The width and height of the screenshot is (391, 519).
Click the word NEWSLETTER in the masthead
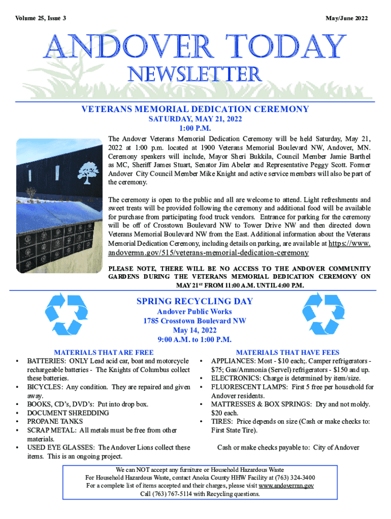point(195,75)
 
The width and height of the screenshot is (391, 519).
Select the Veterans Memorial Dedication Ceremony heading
point(195,109)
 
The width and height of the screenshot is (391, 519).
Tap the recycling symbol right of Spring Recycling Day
point(323,314)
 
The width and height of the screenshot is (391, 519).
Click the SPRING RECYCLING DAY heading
point(194,302)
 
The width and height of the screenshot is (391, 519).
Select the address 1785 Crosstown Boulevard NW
point(194,321)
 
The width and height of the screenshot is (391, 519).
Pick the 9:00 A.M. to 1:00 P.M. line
point(194,340)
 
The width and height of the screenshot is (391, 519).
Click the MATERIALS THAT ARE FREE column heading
point(104,352)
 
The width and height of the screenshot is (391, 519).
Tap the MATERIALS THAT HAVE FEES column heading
point(288,352)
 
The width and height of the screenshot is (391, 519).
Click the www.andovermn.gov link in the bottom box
point(286,486)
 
